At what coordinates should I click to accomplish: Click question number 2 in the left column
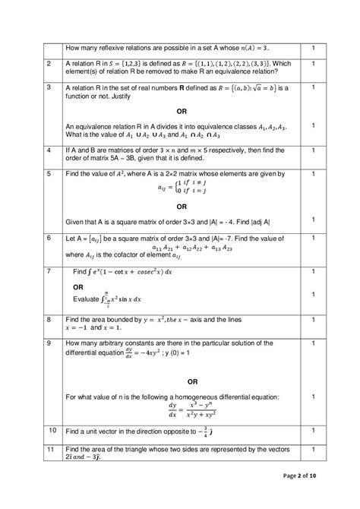pyautogui.click(x=49, y=64)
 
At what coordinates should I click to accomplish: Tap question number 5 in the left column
pyautogui.click(x=49, y=174)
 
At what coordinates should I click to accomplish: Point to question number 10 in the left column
pyautogui.click(x=51, y=431)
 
